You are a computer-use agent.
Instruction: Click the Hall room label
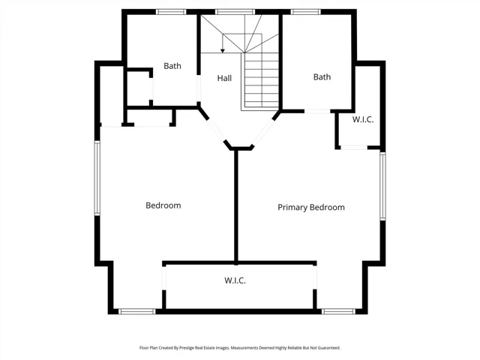(224, 78)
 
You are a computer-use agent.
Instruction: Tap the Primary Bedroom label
(311, 208)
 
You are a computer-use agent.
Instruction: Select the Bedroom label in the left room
(163, 205)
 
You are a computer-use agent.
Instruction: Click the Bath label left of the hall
(172, 66)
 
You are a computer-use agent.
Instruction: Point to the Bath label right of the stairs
(322, 76)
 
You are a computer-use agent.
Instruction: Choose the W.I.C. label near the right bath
(363, 119)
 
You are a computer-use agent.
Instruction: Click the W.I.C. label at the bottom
(235, 280)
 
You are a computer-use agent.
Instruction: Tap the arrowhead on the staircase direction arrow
(223, 51)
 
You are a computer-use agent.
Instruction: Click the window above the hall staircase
(235, 12)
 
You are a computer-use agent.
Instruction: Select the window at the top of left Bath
(171, 12)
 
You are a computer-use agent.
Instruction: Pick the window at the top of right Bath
(305, 12)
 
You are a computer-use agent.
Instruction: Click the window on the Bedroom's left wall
(97, 178)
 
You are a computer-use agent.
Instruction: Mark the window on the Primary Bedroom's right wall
(382, 186)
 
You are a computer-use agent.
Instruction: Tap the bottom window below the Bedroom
(137, 312)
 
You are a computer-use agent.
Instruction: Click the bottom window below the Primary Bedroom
(338, 312)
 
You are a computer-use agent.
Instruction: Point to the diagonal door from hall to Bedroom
(217, 130)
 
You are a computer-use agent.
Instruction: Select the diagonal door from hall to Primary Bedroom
(262, 132)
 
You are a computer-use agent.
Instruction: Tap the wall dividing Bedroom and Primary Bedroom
(236, 206)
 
